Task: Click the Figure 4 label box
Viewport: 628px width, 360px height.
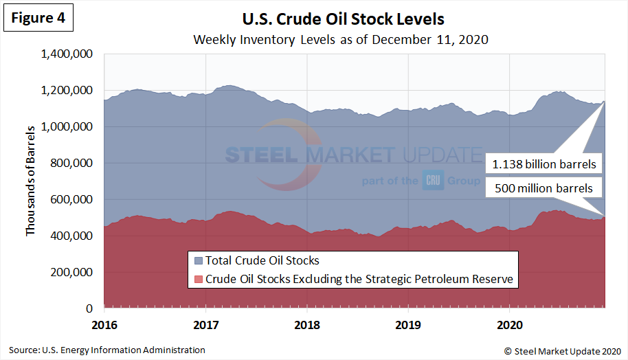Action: [x=38, y=19]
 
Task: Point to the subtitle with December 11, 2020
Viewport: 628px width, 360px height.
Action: [x=341, y=39]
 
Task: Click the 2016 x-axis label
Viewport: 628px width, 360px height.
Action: [x=104, y=323]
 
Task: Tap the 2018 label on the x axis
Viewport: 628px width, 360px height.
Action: [x=308, y=323]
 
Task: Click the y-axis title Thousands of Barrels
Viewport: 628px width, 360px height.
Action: [x=30, y=181]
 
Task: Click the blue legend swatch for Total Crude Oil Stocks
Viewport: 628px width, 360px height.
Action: [x=199, y=260]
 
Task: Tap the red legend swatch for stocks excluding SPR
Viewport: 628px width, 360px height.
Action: [x=199, y=279]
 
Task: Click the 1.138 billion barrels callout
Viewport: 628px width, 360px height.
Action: [x=545, y=165]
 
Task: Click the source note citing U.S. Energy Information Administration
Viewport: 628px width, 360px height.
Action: [x=107, y=350]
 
